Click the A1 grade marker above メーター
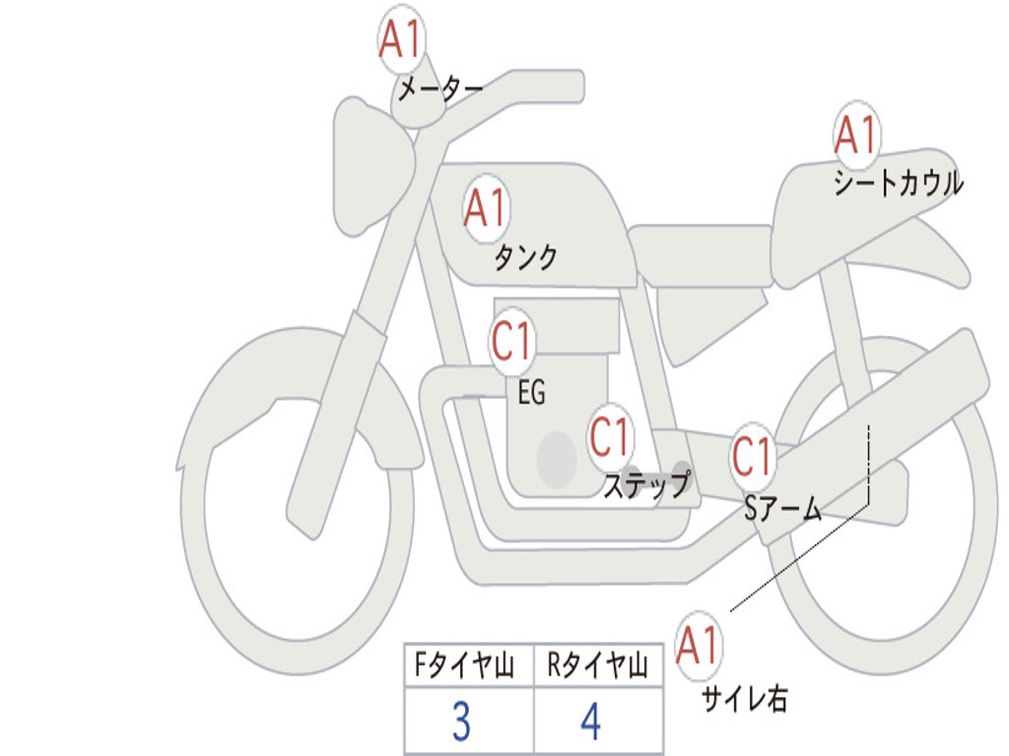(401, 38)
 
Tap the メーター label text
(440, 88)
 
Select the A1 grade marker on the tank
(486, 208)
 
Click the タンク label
(525, 258)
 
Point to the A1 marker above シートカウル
(856, 134)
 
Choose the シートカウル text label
(899, 183)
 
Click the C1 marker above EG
(512, 341)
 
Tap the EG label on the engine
(532, 392)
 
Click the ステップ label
(646, 484)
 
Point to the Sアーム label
(783, 509)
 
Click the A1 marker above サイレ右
(699, 646)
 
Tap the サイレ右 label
(745, 699)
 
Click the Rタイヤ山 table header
(598, 664)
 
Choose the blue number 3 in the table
(461, 721)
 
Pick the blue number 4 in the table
(591, 721)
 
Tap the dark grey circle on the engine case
(556, 460)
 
